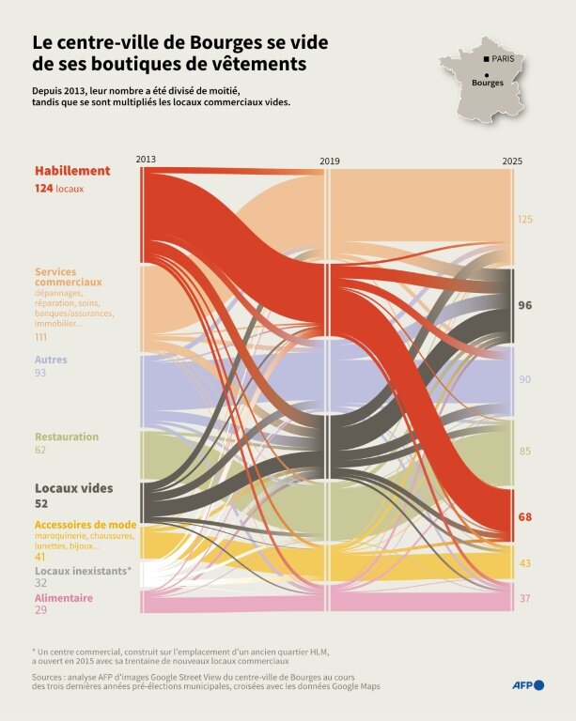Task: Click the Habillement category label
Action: click(72, 171)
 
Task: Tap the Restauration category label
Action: click(66, 437)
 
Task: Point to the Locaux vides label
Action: click(73, 488)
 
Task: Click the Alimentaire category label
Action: click(64, 597)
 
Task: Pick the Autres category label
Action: click(51, 360)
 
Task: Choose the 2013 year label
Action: click(146, 159)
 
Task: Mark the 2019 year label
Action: click(330, 161)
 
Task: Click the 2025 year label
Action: click(512, 161)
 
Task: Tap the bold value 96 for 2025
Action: click(525, 305)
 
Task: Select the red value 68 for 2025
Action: click(525, 517)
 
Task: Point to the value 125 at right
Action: click(525, 219)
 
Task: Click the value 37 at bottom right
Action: click(524, 598)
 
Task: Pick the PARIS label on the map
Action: click(504, 60)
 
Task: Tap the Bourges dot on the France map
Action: click(487, 74)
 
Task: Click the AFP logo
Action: click(528, 684)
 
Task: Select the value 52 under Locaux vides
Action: click(41, 504)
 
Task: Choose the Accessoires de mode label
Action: click(86, 525)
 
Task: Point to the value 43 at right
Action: click(524, 563)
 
